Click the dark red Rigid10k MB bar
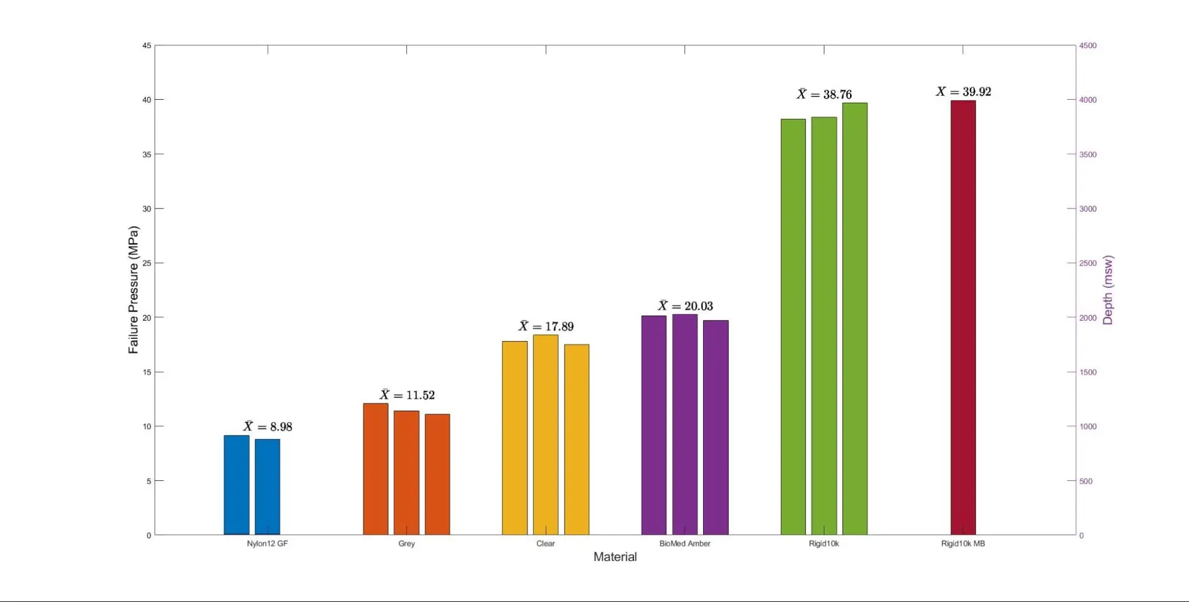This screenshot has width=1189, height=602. point(963,318)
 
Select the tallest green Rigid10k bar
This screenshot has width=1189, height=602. point(855,319)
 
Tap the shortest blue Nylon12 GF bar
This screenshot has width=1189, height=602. point(268,487)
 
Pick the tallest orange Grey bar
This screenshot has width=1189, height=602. point(375,469)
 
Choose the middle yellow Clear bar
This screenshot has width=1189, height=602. point(545,435)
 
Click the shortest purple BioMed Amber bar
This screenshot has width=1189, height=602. point(716,428)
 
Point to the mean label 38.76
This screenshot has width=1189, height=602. point(824,94)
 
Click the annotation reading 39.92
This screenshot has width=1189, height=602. point(964,92)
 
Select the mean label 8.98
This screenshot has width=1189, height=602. point(268,427)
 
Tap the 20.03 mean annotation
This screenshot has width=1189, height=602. point(685,306)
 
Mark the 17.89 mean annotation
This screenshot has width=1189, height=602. point(546,326)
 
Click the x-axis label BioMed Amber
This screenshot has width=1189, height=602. point(685,544)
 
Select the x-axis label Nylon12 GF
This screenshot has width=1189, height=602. point(267,544)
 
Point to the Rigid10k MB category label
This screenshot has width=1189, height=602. point(963,544)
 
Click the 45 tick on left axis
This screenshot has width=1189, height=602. point(146,46)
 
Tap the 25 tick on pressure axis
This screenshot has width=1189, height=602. point(146,263)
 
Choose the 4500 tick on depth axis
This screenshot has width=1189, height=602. point(1088,46)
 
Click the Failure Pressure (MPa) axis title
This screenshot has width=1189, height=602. point(133,290)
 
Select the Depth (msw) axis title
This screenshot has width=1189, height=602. point(1108,290)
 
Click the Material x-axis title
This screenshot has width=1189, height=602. point(615,557)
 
